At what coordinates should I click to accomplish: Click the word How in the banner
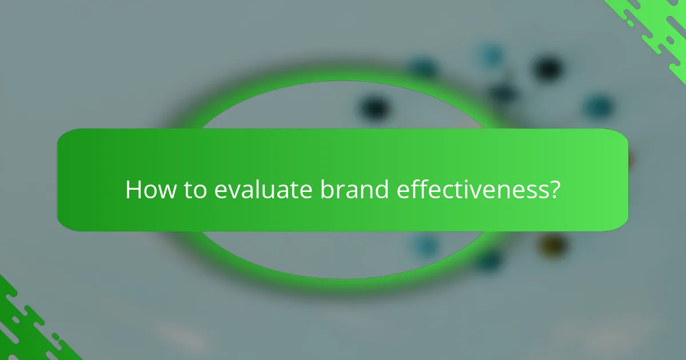150,189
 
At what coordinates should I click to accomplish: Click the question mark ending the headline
553,189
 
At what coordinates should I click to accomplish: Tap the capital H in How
133,189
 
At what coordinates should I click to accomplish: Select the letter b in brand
326,189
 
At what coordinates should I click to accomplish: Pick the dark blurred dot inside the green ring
374,107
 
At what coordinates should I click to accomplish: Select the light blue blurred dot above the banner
490,55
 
